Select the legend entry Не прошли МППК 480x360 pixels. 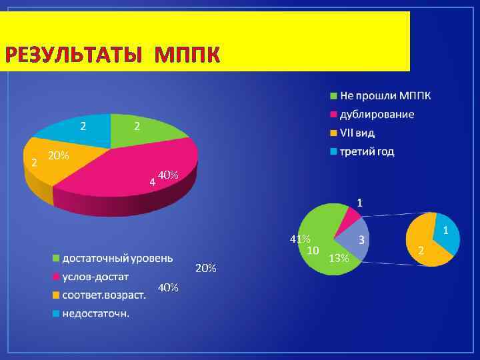tap(385, 95)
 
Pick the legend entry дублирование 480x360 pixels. tap(377, 114)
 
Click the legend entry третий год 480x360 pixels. tap(367, 151)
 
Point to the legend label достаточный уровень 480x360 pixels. tap(117, 257)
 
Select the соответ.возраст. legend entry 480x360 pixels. tap(103, 294)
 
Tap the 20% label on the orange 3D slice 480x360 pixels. tap(58, 155)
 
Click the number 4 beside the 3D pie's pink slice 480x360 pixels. tap(152, 181)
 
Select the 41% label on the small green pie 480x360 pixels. tap(299, 239)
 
